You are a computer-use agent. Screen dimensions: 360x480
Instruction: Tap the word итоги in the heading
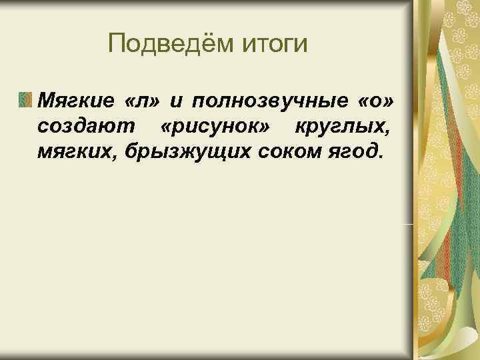click(x=279, y=45)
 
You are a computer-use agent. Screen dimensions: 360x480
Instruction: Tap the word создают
click(x=79, y=127)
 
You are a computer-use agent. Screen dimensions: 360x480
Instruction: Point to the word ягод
click(x=354, y=152)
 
